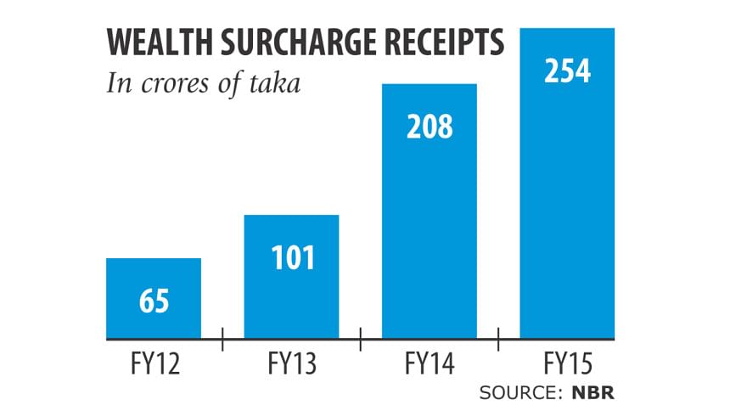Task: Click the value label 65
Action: pyautogui.click(x=154, y=301)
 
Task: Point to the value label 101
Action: pyautogui.click(x=292, y=257)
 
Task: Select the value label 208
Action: pyautogui.click(x=430, y=127)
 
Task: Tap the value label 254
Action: pyautogui.click(x=567, y=70)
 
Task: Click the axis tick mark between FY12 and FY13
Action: pyautogui.click(x=222, y=340)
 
